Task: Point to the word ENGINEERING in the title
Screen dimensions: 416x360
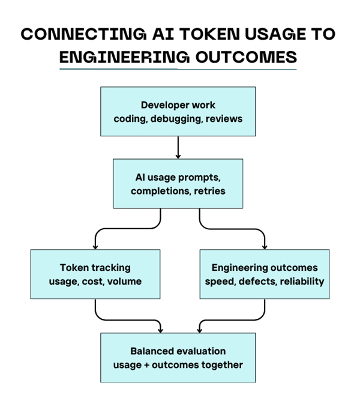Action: click(124, 56)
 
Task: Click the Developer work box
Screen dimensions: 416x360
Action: click(178, 111)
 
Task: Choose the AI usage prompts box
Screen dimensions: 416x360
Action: click(178, 183)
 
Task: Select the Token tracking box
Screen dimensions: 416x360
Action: click(95, 274)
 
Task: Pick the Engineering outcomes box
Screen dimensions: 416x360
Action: click(264, 274)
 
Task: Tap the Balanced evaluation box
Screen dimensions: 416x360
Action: click(178, 357)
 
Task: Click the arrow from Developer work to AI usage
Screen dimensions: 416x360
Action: click(178, 146)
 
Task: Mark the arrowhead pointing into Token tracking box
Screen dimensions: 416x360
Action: click(95, 246)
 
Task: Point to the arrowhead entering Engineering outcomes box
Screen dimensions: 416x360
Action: click(265, 246)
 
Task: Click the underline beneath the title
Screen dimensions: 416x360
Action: click(178, 69)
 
